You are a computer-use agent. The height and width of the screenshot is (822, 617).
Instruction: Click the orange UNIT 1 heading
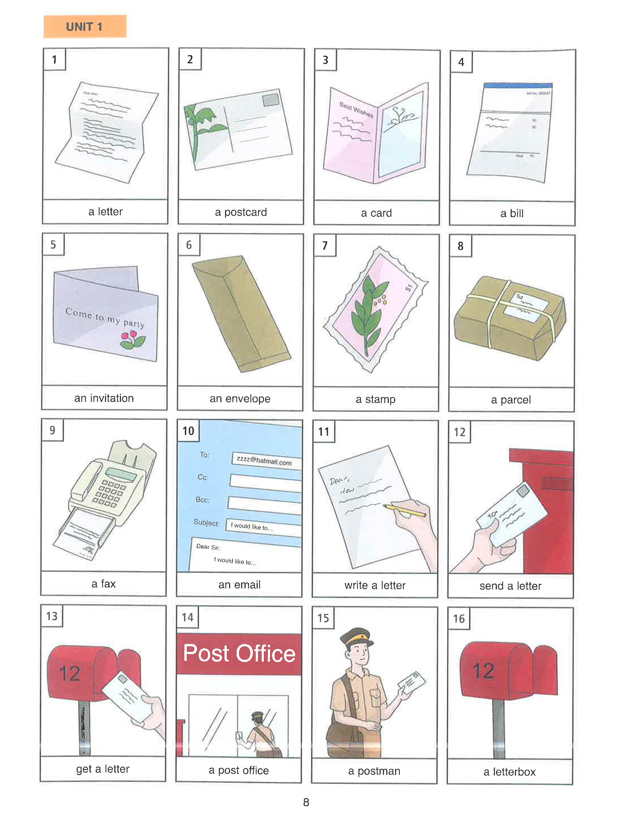pos(85,26)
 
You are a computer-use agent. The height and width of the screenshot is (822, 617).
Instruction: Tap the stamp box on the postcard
pos(270,100)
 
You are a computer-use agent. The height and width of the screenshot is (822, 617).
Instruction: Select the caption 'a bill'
pos(512,213)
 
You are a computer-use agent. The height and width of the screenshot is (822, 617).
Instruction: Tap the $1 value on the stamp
pos(409,287)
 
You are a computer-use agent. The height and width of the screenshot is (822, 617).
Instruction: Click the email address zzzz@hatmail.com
pos(264,461)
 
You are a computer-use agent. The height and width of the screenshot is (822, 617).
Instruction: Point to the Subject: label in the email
pos(206,522)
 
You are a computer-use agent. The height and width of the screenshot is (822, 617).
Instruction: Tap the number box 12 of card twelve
pos(459,432)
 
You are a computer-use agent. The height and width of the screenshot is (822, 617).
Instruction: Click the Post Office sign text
pos(239,654)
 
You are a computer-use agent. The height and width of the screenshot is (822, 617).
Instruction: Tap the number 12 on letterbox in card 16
pos(483,671)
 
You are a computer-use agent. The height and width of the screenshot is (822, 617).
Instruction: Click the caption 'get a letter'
pos(103,769)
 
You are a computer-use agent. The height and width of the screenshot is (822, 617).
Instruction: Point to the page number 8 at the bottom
pos(306,802)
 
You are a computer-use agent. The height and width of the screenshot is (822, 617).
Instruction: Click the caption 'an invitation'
pos(104,398)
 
